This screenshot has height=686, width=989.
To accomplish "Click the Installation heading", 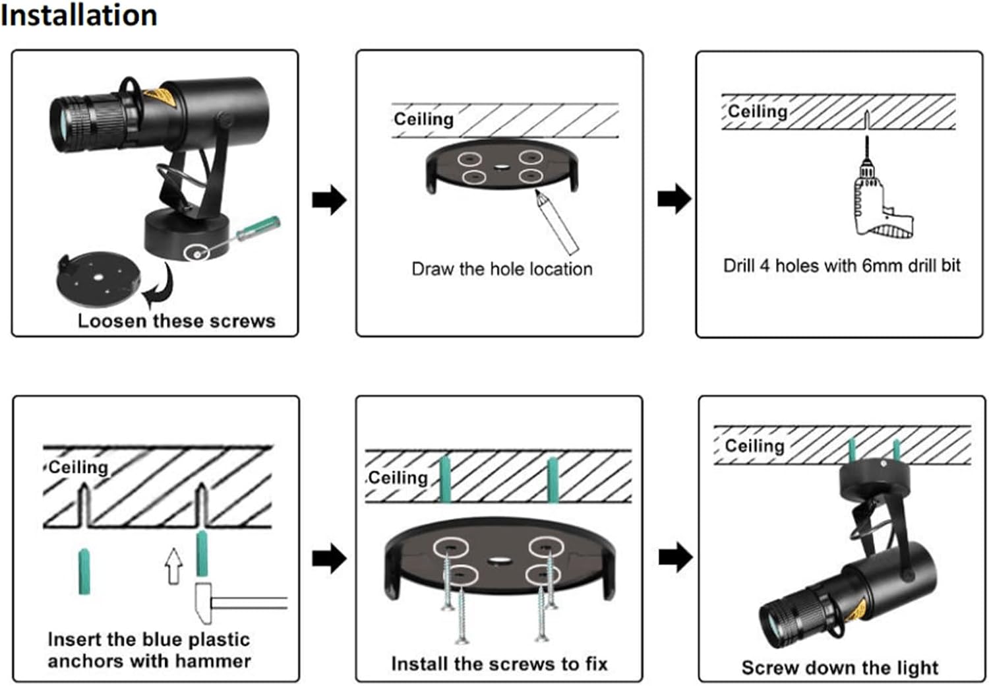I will (79, 15).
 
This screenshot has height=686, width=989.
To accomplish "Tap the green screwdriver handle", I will (260, 226).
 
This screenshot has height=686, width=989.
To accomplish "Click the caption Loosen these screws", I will (176, 321).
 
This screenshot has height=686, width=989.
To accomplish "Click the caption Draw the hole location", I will (502, 269).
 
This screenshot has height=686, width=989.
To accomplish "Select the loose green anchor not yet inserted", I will (84, 571).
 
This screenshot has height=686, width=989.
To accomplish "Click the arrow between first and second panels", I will (329, 199).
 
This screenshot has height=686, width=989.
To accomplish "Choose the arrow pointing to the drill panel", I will (674, 199).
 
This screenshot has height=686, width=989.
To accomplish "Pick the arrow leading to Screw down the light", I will (675, 558).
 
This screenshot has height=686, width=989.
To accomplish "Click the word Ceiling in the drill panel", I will (758, 111).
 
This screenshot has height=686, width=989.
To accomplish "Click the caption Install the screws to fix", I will (499, 664).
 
